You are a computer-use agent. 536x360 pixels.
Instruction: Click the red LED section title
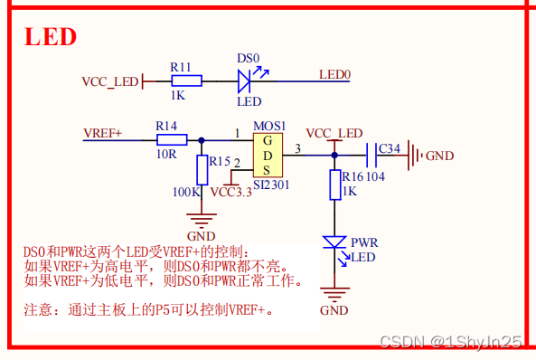pos(50,37)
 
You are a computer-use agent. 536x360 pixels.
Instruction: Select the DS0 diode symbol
pos(245,82)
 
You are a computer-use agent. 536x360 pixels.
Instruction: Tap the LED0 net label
pos(334,74)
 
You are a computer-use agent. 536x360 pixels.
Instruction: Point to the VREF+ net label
pos(102,133)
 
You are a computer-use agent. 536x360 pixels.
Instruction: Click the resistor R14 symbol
pos(171,140)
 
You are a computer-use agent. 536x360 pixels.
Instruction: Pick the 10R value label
pos(166,154)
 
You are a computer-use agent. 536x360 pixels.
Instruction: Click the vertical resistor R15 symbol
pos(201,169)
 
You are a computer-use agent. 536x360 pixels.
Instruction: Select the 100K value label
pos(186,192)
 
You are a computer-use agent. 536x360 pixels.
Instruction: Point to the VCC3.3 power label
pos(230,192)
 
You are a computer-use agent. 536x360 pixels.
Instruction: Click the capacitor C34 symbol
pos(371,155)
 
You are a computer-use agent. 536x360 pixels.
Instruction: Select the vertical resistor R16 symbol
pos(334,184)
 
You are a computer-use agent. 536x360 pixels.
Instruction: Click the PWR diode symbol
pos(334,242)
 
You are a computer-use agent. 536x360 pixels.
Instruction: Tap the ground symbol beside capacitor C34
pos(415,155)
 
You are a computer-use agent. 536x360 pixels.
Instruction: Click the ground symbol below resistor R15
pos(201,217)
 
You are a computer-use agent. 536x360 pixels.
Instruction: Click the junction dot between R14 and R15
pos(201,140)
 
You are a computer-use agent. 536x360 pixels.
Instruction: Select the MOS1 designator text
pos(268,125)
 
